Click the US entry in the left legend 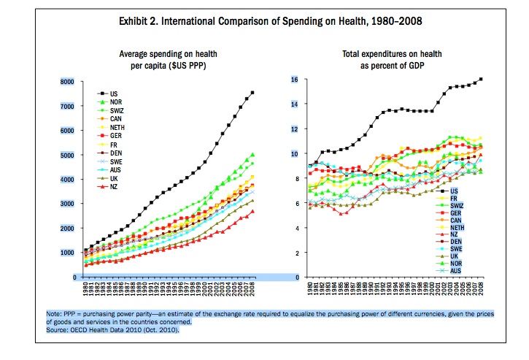click(115, 93)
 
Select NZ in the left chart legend click(115, 187)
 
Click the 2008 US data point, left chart click(252, 93)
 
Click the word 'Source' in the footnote click(58, 330)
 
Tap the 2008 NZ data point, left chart click(252, 212)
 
